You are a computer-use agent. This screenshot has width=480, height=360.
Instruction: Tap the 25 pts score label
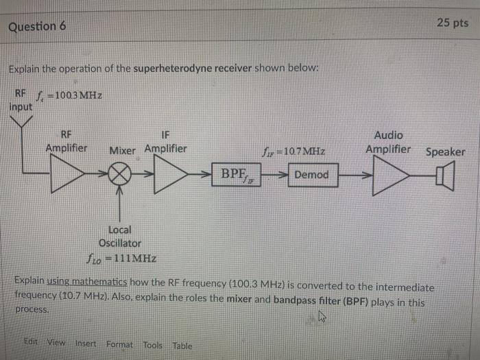point(452,23)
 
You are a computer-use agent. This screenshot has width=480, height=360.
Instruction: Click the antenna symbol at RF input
point(26,123)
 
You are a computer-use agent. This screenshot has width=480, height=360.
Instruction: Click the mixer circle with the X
point(121,176)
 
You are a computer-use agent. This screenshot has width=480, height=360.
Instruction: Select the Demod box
point(311,175)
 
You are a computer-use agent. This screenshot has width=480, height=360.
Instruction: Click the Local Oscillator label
point(120,237)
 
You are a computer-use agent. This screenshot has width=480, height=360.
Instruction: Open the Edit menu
point(31,344)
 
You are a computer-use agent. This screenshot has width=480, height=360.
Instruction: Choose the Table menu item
point(182,346)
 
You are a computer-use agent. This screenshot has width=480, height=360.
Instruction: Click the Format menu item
point(119,344)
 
